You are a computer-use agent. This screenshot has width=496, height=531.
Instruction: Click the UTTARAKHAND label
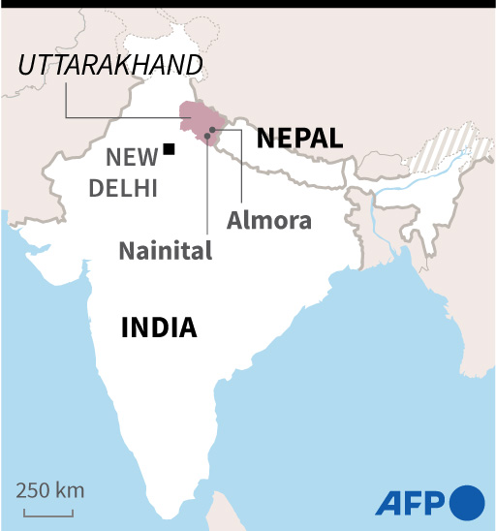pos(111,66)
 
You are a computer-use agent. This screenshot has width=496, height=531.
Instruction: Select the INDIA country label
pos(159,328)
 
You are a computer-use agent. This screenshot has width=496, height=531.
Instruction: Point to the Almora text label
pos(269,220)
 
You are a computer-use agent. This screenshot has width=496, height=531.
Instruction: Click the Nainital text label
pos(166,251)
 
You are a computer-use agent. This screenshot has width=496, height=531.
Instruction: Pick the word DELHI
pos(123,188)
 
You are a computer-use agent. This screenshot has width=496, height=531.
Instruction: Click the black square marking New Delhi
pos(170,149)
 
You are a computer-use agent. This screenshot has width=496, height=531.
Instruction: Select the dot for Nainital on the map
pos(206,136)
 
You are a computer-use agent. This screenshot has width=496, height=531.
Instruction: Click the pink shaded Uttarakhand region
pos(199,116)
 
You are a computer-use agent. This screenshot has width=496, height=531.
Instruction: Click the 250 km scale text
pos(49,489)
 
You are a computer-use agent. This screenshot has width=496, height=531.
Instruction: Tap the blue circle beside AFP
pos(467,502)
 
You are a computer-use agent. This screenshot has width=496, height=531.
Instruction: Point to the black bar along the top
pos(248,3)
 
